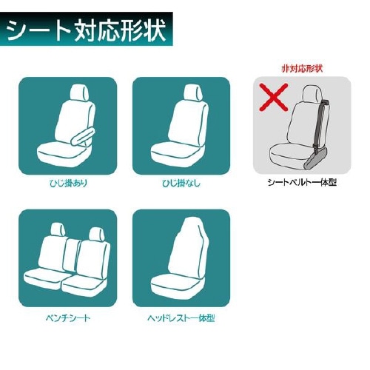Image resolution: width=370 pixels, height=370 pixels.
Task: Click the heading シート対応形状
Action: click(x=86, y=30)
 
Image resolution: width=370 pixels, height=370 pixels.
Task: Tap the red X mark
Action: click(x=274, y=97)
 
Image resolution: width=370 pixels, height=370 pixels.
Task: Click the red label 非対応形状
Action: click(x=302, y=69)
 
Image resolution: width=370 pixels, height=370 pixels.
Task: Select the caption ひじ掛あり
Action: click(x=68, y=184)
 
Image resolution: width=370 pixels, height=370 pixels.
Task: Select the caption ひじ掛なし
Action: click(x=181, y=184)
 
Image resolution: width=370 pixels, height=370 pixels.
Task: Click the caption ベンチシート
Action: click(x=68, y=318)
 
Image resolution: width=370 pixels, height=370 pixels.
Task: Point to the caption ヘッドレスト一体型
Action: click(x=181, y=318)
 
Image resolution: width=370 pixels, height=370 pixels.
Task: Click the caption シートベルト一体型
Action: click(x=302, y=183)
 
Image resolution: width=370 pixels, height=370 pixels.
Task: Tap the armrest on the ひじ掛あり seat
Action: click(x=82, y=137)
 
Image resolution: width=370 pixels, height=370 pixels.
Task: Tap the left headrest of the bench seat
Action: click(x=58, y=231)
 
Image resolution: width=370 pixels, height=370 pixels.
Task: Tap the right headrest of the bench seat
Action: click(x=97, y=235)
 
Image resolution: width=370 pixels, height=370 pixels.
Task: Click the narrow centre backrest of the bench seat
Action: click(x=73, y=255)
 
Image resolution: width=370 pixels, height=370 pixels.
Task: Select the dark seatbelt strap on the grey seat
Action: click(x=321, y=124)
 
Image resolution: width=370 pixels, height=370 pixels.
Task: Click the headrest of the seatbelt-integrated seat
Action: click(x=313, y=95)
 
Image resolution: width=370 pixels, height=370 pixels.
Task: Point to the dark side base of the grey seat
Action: click(x=317, y=158)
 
